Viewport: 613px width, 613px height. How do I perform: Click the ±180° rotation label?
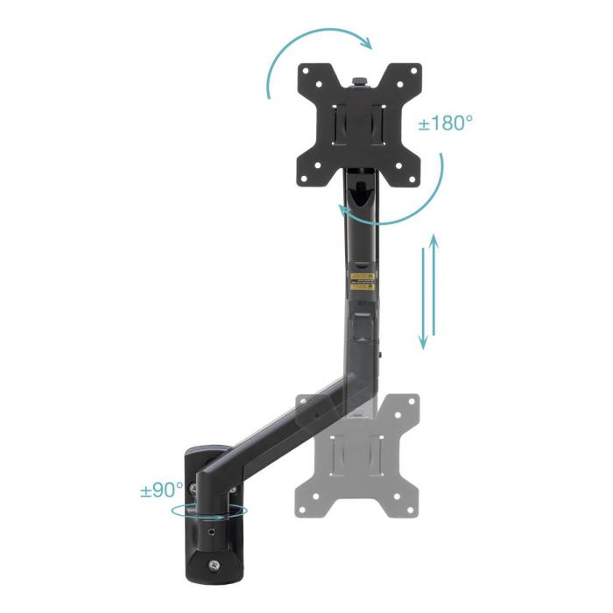point(445,123)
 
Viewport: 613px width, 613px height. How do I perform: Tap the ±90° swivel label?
point(162,490)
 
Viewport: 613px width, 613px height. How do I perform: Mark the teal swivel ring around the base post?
point(210,511)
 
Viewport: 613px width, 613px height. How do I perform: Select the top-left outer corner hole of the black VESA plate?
point(308,73)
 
